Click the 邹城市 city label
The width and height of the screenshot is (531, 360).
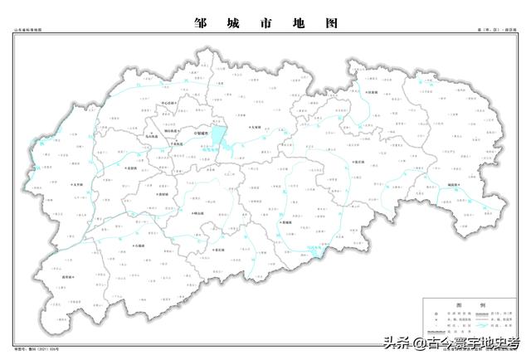(x=202, y=131)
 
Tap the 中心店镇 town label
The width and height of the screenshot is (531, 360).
(x=168, y=104)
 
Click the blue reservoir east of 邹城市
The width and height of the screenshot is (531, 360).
(x=218, y=135)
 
